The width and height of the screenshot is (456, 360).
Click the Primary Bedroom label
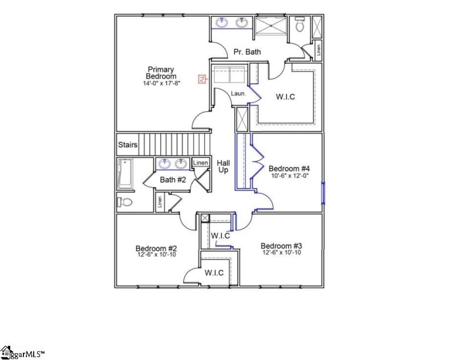[161, 72]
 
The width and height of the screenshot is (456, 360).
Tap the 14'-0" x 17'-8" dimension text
[161, 83]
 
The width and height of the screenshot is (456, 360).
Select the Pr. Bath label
[247, 52]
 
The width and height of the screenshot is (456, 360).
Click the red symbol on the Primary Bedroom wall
[201, 79]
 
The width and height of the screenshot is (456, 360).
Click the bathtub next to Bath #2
[124, 174]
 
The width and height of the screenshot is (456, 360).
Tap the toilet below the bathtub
[125, 202]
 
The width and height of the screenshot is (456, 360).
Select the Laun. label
[238, 93]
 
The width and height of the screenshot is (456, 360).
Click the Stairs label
[128, 145]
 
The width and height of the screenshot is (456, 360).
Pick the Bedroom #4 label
[289, 169]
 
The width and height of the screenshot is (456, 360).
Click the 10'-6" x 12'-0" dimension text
[289, 176]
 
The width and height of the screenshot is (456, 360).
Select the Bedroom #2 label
[156, 248]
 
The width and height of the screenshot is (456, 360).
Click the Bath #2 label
[173, 180]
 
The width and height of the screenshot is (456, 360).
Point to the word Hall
[223, 162]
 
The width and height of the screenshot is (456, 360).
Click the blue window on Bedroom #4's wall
[323, 193]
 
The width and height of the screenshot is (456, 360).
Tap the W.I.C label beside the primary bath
[285, 96]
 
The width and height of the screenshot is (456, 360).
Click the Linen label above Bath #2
[200, 163]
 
